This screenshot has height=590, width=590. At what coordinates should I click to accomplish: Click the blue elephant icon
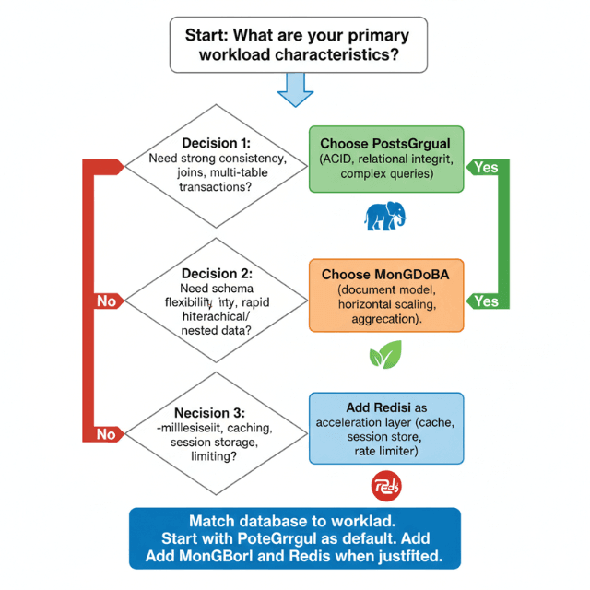pyautogui.click(x=386, y=215)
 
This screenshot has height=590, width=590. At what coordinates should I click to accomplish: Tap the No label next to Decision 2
pyautogui.click(x=107, y=301)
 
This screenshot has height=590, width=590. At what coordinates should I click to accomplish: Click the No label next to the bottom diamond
pyautogui.click(x=107, y=433)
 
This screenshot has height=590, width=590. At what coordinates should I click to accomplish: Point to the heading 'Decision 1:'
pyautogui.click(x=216, y=143)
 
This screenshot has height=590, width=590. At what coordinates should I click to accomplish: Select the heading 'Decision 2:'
pyautogui.click(x=216, y=273)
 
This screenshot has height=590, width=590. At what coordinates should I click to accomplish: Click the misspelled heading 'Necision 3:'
pyautogui.click(x=215, y=412)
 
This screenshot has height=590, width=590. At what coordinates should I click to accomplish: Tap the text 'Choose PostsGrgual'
pyautogui.click(x=385, y=144)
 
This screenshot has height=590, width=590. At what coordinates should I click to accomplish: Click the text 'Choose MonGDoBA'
pyautogui.click(x=386, y=275)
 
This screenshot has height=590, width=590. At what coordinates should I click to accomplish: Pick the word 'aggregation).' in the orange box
pyautogui.click(x=386, y=319)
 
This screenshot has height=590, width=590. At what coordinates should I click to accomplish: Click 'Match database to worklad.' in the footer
pyautogui.click(x=296, y=521)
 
